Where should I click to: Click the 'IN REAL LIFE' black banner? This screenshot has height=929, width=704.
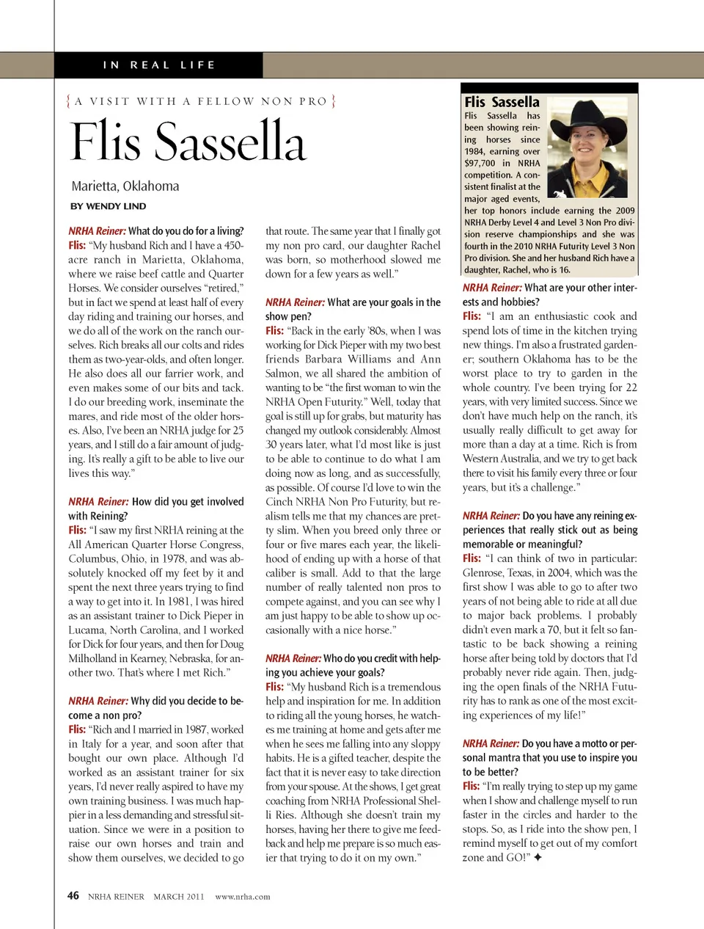pos(159,65)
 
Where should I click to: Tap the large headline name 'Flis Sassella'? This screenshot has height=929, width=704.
pos(188,142)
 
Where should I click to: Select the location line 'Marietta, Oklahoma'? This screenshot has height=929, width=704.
pos(125,186)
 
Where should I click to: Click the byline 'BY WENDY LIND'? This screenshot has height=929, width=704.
pos(108,206)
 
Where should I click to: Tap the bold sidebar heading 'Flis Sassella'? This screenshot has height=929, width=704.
pos(502,103)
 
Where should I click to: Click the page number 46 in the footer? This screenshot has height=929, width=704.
pos(73,895)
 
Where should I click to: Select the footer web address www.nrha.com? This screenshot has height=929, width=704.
pos(243,897)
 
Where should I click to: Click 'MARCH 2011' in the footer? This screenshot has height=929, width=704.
pos(179,897)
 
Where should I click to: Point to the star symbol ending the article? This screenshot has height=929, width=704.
pos(538,857)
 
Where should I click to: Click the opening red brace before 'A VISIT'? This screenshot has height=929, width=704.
pos(68,101)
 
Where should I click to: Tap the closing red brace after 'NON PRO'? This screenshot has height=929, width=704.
pos(334,101)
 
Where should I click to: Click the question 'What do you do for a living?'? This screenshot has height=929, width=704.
pos(186,231)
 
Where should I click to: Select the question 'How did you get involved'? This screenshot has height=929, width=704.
pos(188,502)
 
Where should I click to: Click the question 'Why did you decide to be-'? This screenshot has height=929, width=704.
pos(186,701)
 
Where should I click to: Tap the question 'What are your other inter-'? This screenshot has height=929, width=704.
pos(580,288)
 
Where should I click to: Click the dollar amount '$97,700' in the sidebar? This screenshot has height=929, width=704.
pos(480,164)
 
